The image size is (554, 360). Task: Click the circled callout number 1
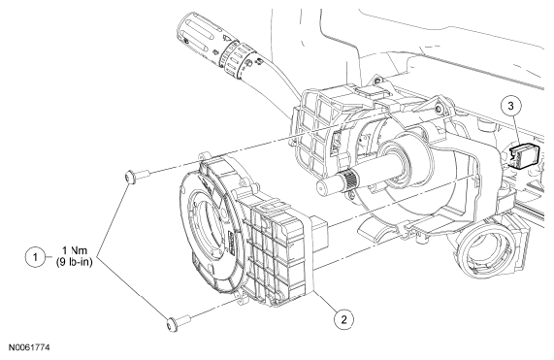coord(35,257)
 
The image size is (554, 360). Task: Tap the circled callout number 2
coord(344,319)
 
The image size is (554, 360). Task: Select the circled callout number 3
coord(511,106)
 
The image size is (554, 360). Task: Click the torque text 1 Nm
coord(75,250)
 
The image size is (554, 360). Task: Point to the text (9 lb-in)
coord(75,262)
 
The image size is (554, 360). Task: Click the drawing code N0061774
coord(29,347)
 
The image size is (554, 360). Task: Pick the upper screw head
coord(130,177)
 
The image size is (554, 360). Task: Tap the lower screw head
coord(172,325)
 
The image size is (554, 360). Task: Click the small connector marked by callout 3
coord(524,155)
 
